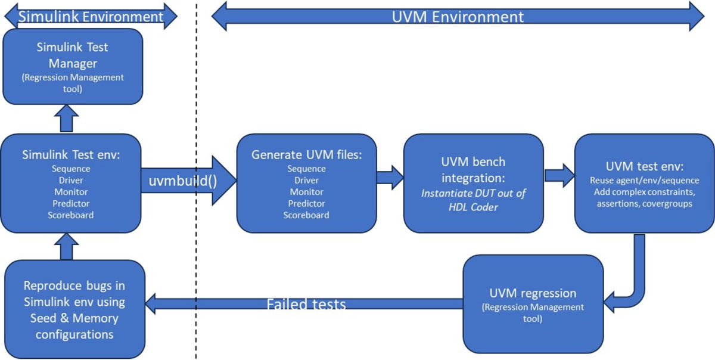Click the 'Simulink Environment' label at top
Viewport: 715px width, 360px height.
click(x=91, y=16)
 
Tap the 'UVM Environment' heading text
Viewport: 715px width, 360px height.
click(x=458, y=16)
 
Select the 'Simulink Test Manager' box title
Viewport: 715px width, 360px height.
click(x=73, y=54)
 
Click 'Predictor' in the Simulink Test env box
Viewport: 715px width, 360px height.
click(x=71, y=203)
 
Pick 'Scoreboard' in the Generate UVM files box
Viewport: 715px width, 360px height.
click(x=306, y=215)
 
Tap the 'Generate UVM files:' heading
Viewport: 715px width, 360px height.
click(x=306, y=154)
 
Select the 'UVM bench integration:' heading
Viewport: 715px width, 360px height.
click(x=473, y=170)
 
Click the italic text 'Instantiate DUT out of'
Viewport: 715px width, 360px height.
click(x=473, y=193)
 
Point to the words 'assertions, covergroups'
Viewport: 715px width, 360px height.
click(x=645, y=203)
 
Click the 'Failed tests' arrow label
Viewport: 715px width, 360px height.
click(x=306, y=304)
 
